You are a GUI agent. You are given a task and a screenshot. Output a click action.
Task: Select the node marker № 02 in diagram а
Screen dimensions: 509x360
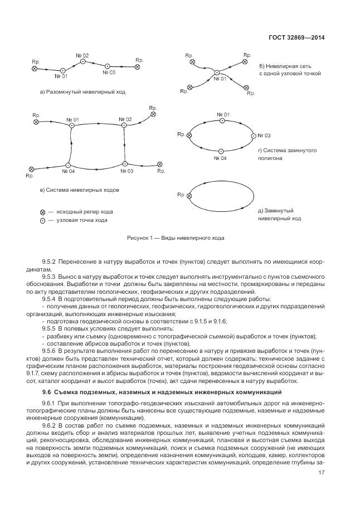pyautogui.click(x=82, y=63)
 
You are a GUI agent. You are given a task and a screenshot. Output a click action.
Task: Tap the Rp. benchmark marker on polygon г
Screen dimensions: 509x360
pyautogui.click(x=189, y=135)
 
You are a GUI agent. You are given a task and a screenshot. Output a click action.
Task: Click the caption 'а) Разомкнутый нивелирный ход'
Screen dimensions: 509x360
pyautogui.click(x=82, y=91)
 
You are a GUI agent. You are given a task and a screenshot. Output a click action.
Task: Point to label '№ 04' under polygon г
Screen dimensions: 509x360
pyautogui.click(x=220, y=158)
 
